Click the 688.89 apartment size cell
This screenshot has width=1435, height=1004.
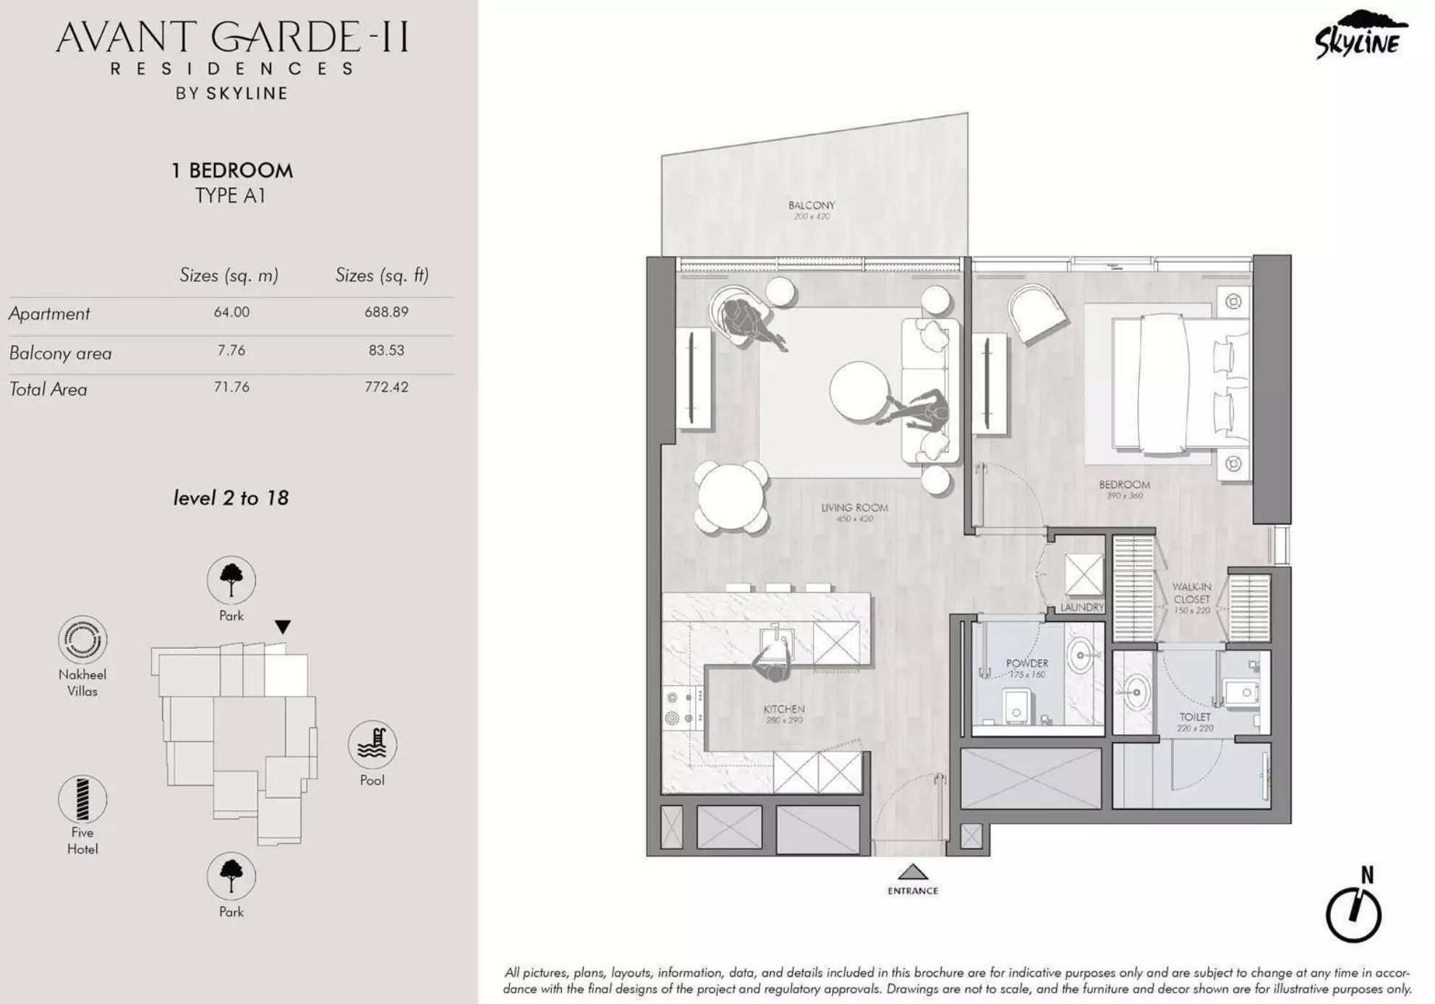coord(386,312)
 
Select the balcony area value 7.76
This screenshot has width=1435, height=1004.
coord(231,350)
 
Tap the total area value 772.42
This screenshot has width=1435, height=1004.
coord(386,387)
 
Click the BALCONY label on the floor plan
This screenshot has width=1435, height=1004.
coord(812,205)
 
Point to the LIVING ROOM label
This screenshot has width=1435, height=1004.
coord(854,508)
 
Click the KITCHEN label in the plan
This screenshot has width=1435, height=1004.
coord(784,709)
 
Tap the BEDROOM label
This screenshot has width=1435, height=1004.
coord(1124,485)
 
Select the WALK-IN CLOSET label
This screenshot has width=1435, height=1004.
coord(1191,593)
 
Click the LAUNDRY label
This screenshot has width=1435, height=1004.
coord(1082,608)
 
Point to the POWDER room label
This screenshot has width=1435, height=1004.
coord(1027,663)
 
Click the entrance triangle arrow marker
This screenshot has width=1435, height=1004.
coord(913,872)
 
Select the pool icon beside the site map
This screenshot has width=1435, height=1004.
coord(372,744)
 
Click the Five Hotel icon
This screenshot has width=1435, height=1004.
coord(82,799)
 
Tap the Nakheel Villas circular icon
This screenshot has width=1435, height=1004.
coord(82,639)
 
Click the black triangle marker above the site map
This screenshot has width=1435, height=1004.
coord(283,626)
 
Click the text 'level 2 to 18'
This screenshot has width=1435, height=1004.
coord(231,498)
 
